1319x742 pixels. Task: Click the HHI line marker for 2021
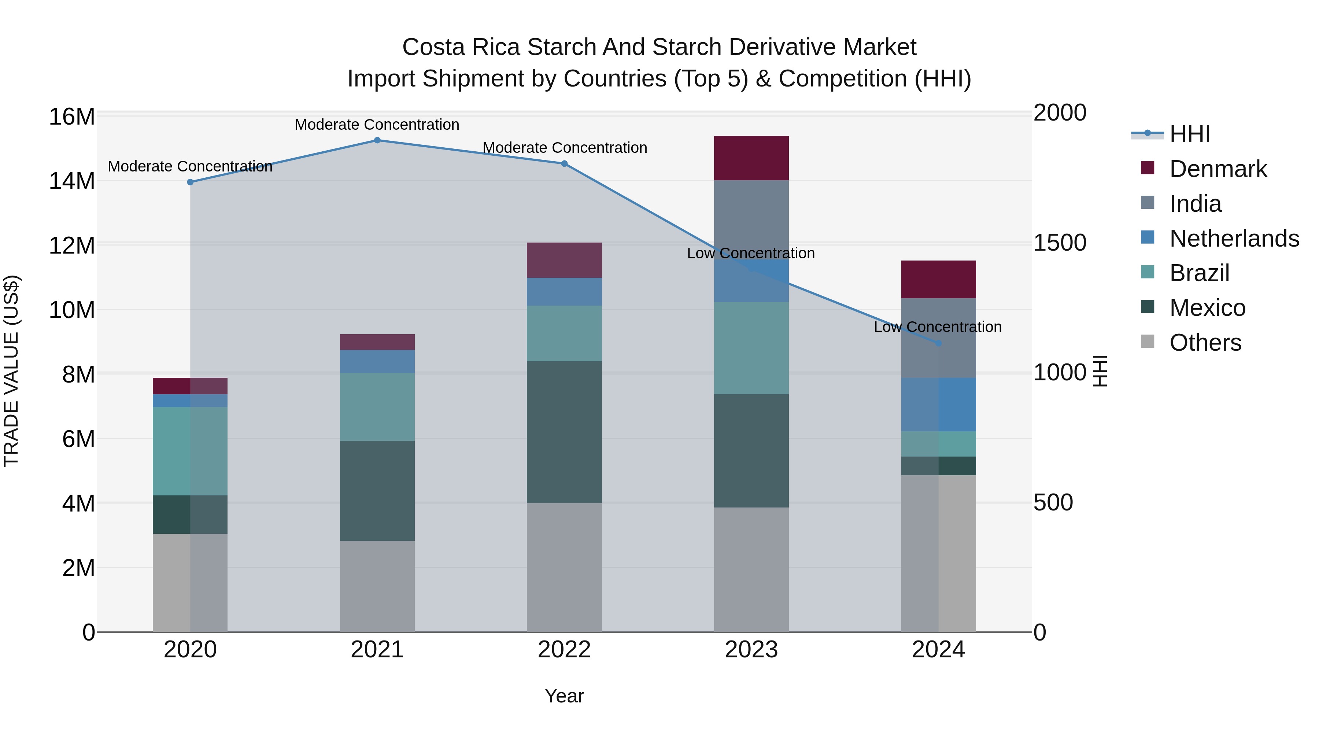377,140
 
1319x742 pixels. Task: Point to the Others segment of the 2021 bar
377,586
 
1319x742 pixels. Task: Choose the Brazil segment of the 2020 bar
189,451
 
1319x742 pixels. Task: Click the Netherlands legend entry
1234,239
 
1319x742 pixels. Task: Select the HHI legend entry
1189,134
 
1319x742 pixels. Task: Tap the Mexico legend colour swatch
1148,307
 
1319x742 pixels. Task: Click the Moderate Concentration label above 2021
377,125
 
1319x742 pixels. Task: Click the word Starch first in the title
562,47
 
